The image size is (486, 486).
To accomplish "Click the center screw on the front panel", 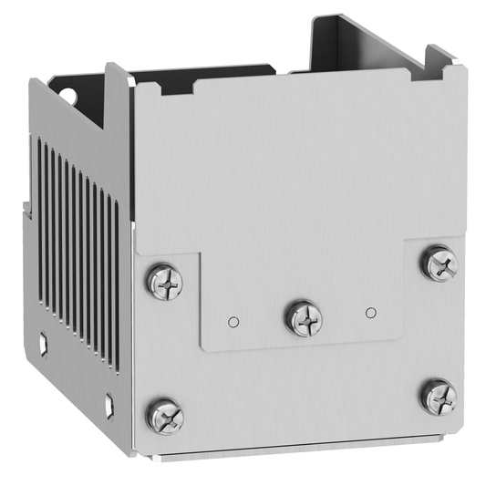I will point(303,317).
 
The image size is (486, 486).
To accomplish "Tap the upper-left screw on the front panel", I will point(164,281).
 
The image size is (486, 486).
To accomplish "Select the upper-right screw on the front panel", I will point(439,263).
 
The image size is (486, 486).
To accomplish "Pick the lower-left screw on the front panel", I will point(165,416).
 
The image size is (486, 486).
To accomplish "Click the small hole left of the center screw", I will point(233,321).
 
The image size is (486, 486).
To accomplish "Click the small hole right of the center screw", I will point(370,313).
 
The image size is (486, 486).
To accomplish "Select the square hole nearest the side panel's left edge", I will point(43,344).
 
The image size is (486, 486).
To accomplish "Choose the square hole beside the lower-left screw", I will point(109,400).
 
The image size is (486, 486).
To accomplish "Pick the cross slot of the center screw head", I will point(303,317).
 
